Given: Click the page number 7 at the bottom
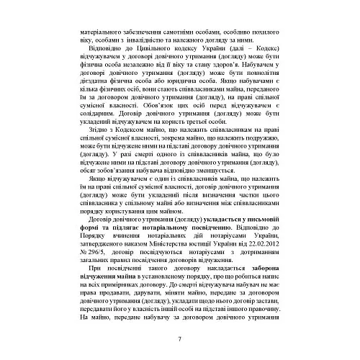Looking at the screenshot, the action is tap(179, 339).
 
